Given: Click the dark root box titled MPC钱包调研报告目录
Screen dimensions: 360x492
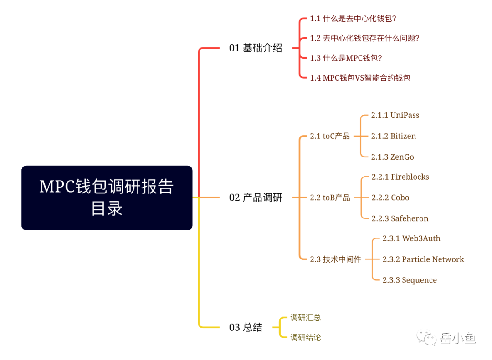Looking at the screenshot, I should [x=107, y=198].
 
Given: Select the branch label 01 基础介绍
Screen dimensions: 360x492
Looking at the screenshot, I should [x=255, y=48].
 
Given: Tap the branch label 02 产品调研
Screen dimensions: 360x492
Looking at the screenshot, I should [x=255, y=198].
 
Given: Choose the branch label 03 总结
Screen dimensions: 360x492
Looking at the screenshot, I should [x=246, y=327].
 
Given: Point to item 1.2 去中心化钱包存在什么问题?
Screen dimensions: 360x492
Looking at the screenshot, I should [x=364, y=38].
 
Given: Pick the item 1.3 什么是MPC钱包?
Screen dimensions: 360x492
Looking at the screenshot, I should [x=346, y=58].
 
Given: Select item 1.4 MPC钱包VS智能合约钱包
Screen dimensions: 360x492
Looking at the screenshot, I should [x=360, y=78].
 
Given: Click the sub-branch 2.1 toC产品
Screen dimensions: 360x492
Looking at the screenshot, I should [x=330, y=136].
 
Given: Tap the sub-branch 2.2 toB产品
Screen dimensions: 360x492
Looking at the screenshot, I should [x=330, y=198].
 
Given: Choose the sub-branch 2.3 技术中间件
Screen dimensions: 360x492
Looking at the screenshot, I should [x=335, y=259].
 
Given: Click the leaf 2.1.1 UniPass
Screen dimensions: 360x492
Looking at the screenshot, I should [x=395, y=115].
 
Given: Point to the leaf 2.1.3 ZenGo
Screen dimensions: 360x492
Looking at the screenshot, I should [x=392, y=157].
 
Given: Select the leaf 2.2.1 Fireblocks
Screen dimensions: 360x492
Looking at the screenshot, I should [x=400, y=177].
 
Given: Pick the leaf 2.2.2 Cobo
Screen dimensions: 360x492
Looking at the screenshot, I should [x=390, y=198].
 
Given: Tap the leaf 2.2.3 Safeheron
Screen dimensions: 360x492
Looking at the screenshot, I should [x=400, y=218].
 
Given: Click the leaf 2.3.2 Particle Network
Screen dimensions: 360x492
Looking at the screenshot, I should [x=423, y=259].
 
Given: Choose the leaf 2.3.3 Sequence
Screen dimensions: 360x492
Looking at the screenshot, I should [x=410, y=280].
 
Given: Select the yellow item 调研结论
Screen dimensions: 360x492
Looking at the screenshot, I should [x=306, y=338].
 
